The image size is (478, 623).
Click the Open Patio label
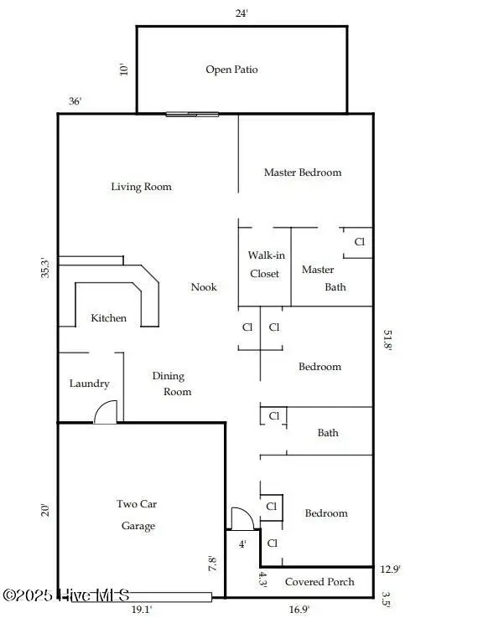pyautogui.click(x=231, y=70)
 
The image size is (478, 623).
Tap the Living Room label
pyautogui.click(x=141, y=187)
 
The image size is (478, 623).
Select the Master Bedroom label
pyautogui.click(x=303, y=172)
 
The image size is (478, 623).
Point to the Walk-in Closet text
pyautogui.click(x=264, y=264)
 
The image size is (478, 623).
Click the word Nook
pyautogui.click(x=204, y=287)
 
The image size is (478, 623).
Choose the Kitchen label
pyautogui.click(x=109, y=318)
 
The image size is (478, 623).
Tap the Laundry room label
pyautogui.click(x=89, y=384)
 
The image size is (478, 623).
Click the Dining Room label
pyautogui.click(x=171, y=384)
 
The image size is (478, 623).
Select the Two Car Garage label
pyautogui.click(x=137, y=515)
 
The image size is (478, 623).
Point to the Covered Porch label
pyautogui.click(x=320, y=582)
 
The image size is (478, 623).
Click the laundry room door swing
pyautogui.click(x=106, y=412)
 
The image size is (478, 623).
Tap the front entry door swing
pyautogui.click(x=242, y=519)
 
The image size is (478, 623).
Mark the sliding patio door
pyautogui.click(x=192, y=114)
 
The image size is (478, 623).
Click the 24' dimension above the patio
pyautogui.click(x=242, y=13)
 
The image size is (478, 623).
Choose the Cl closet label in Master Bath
pyautogui.click(x=360, y=241)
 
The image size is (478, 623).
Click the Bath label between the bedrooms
pyautogui.click(x=328, y=433)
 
